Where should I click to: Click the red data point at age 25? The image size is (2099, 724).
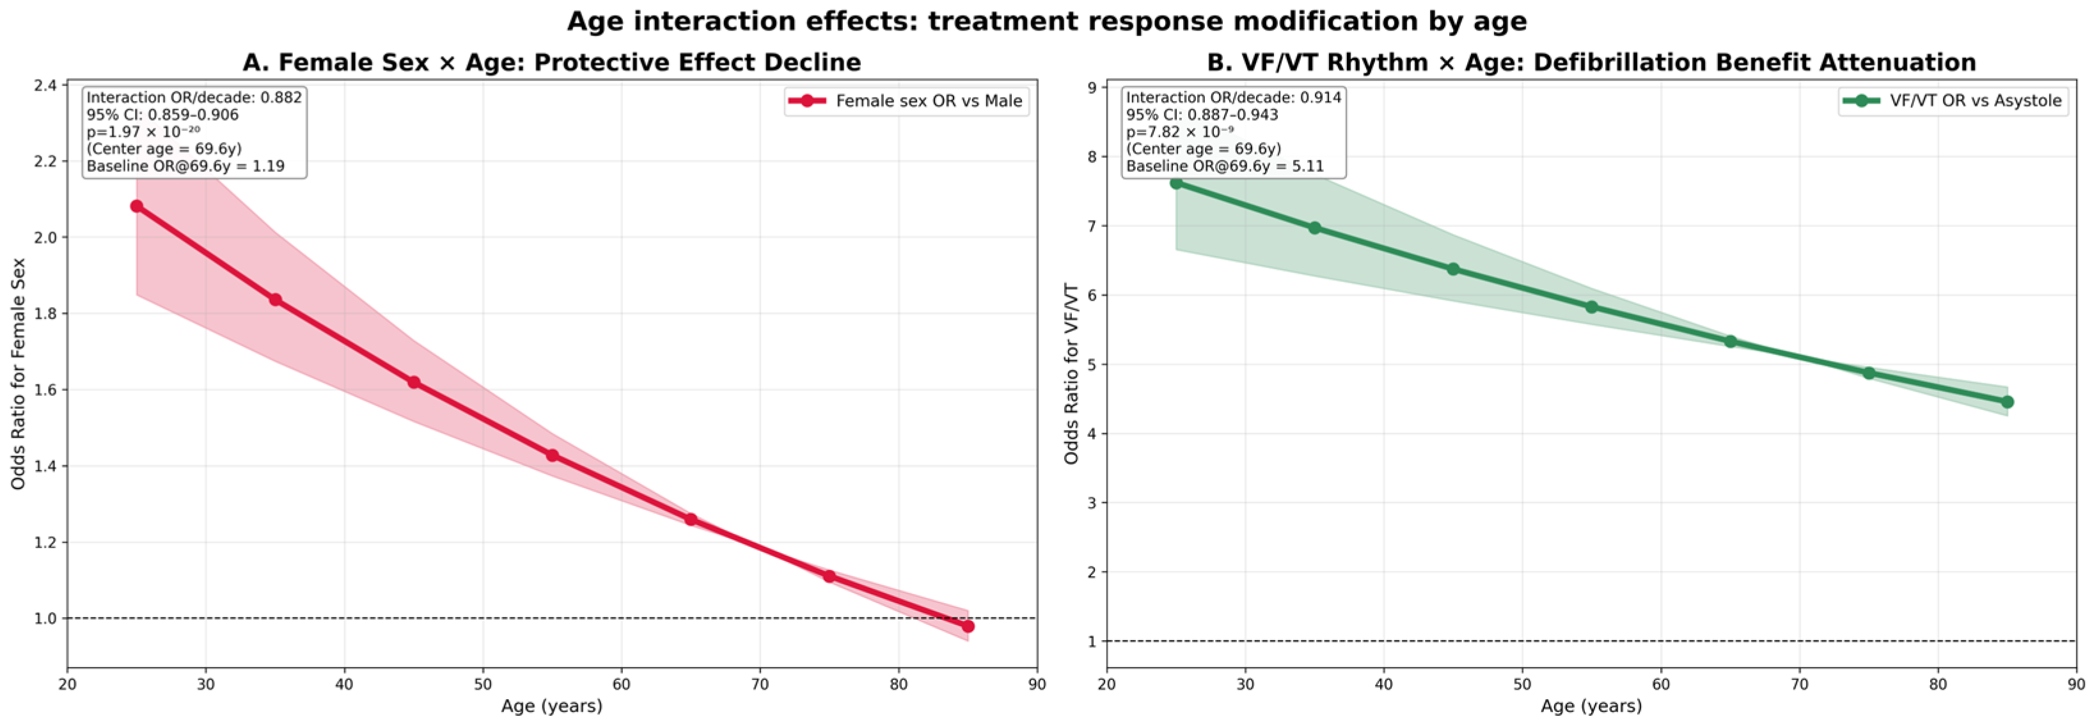pos(136,207)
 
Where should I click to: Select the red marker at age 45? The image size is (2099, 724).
pos(414,382)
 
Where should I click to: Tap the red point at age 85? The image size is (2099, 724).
pos(968,626)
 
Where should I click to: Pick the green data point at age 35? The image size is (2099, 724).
pos(1314,228)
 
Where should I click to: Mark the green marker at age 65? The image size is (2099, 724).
pos(1731,342)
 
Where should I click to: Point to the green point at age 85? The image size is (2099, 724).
pos(2008,402)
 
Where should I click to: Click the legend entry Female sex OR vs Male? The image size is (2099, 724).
pos(906,101)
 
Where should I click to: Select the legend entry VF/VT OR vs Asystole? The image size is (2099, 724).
pos(1953,101)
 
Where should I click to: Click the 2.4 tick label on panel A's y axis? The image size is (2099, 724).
pos(45,86)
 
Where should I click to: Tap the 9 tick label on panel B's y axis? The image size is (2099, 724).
pos(1091,87)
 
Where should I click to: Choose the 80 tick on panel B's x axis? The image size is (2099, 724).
pos(1938,684)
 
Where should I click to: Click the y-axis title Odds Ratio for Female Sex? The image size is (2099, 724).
pos(18,374)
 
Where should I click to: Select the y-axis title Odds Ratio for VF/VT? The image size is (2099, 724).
pos(1071,374)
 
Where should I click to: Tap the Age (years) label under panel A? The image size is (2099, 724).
pos(552,706)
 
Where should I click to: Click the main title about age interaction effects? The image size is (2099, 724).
pos(1047,21)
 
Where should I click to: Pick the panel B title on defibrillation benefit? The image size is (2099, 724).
pos(1591,63)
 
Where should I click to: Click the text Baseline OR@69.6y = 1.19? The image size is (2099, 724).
pos(185,166)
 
